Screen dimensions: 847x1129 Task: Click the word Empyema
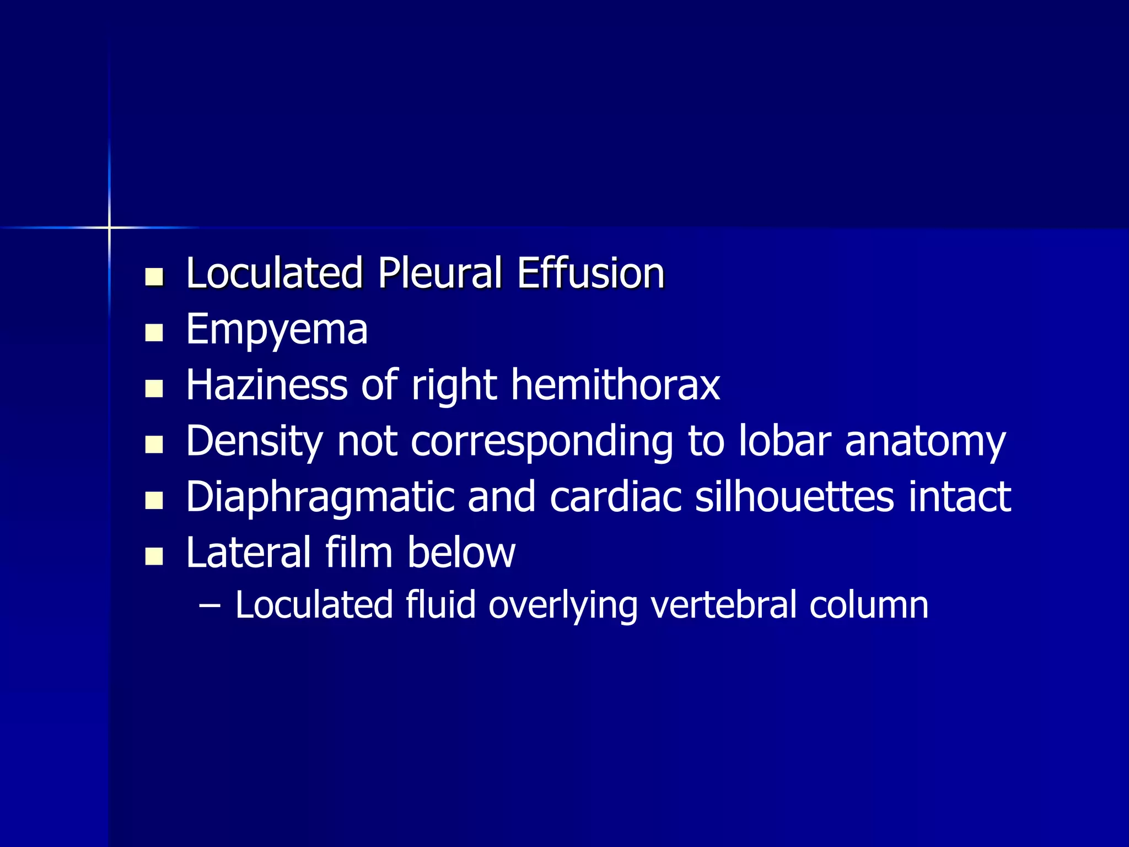277,330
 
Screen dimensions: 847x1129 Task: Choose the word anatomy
926,442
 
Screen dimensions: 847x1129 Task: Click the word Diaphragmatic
319,497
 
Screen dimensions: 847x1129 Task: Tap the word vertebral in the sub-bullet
723,605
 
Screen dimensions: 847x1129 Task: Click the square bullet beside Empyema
154,333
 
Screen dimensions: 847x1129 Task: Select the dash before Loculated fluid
209,605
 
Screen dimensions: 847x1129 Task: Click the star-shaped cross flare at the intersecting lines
109,227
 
